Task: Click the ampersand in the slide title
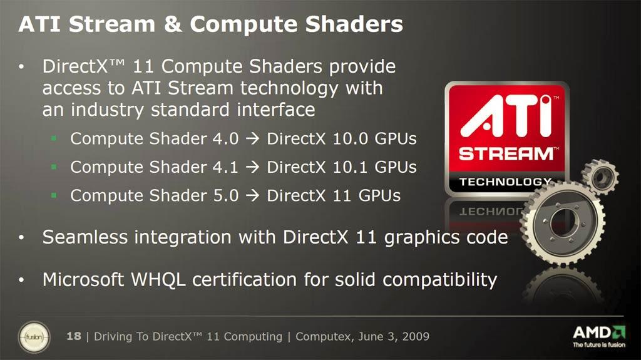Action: pyautogui.click(x=173, y=24)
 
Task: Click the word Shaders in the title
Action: pyautogui.click(x=354, y=24)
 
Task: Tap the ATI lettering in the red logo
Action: pyautogui.click(x=506, y=116)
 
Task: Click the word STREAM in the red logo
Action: pyautogui.click(x=506, y=154)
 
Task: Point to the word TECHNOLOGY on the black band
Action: pyautogui.click(x=505, y=182)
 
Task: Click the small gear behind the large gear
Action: pyautogui.click(x=600, y=177)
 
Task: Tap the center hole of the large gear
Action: pyautogui.click(x=564, y=222)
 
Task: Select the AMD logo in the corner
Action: pyautogui.click(x=599, y=332)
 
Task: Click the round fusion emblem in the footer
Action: pyautogui.click(x=34, y=337)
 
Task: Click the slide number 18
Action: pyautogui.click(x=74, y=336)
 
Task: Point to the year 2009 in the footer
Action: pyautogui.click(x=416, y=336)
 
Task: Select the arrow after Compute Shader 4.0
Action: pyautogui.click(x=253, y=139)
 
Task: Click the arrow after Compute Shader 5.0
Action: pyautogui.click(x=253, y=195)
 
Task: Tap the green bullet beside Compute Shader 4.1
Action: pyautogui.click(x=54, y=167)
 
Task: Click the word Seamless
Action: pyautogui.click(x=85, y=237)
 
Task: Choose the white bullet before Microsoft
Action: pyautogui.click(x=22, y=280)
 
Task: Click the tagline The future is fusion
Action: pyautogui.click(x=599, y=345)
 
